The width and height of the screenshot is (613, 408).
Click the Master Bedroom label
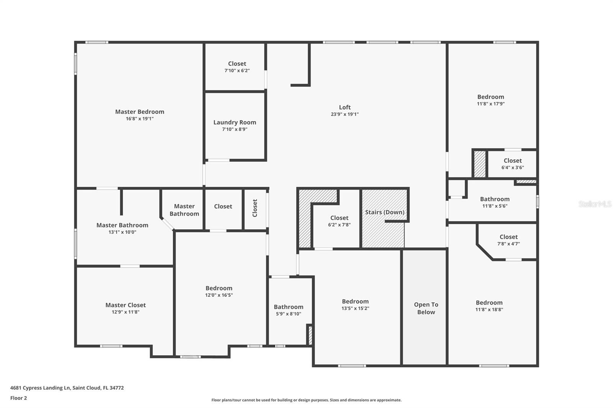click(x=139, y=112)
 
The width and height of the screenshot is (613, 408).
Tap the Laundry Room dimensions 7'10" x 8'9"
click(x=234, y=129)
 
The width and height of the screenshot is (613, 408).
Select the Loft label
click(x=344, y=107)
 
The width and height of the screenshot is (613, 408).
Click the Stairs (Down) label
click(x=384, y=212)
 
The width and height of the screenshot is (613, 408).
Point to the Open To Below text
click(x=426, y=308)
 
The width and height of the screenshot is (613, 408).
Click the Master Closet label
click(x=125, y=305)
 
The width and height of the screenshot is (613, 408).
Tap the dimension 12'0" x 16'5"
click(x=219, y=295)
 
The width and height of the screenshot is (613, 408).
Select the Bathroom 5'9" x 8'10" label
click(x=288, y=307)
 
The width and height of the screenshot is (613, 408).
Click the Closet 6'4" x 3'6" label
click(x=512, y=161)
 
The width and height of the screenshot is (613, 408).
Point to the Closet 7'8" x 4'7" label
click(x=508, y=237)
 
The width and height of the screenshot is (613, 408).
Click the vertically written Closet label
click(x=255, y=208)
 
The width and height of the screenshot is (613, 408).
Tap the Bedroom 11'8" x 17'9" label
click(x=490, y=97)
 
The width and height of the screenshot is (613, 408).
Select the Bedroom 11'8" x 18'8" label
click(x=489, y=303)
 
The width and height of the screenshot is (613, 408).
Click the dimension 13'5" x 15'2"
click(x=355, y=308)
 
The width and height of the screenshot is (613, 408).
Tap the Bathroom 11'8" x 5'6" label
click(x=494, y=199)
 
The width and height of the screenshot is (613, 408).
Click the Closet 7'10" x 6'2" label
click(x=237, y=64)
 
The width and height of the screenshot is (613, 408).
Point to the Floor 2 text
click(x=18, y=398)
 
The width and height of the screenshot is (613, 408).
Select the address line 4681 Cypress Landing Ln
click(x=67, y=388)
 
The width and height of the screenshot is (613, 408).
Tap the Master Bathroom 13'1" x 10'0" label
click(x=122, y=225)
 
